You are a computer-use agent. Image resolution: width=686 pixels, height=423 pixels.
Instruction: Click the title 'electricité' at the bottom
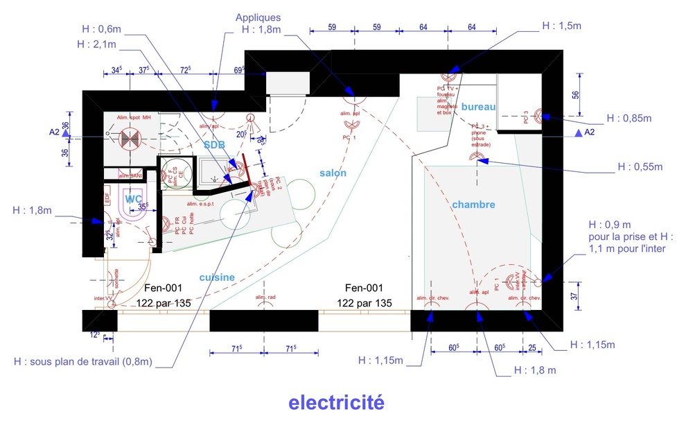click(335, 402)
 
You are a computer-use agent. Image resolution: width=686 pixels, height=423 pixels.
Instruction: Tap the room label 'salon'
click(333, 173)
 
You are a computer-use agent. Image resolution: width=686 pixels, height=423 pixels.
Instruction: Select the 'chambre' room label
click(474, 205)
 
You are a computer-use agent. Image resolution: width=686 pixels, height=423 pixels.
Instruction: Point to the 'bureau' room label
click(478, 107)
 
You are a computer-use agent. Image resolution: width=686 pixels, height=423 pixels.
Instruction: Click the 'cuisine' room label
click(217, 277)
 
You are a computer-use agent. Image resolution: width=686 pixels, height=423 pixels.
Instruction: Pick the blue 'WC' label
click(133, 199)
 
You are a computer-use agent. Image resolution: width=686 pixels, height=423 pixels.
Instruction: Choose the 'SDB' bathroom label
click(214, 144)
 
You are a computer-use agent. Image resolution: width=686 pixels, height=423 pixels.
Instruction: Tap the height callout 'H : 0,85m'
click(627, 118)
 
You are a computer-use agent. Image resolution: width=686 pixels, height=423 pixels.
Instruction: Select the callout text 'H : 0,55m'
click(640, 167)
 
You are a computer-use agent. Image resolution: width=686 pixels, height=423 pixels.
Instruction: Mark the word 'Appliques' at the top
click(258, 17)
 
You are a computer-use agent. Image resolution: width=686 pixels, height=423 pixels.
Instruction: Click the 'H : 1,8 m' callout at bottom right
click(534, 370)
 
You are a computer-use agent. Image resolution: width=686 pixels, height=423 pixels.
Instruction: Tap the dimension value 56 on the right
click(574, 96)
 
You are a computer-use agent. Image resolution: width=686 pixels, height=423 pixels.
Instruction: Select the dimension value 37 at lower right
click(574, 296)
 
